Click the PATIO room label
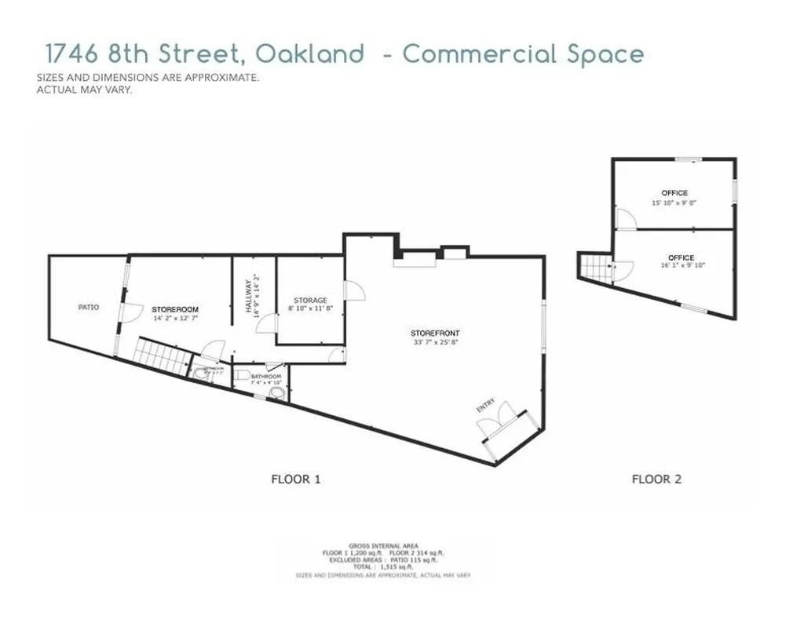pyautogui.click(x=88, y=308)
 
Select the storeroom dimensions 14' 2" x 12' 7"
pyautogui.click(x=175, y=319)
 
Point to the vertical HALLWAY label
pyautogui.click(x=248, y=296)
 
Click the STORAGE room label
pyautogui.click(x=310, y=301)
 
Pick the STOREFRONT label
pyautogui.click(x=434, y=334)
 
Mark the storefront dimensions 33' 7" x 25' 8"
pyautogui.click(x=434, y=342)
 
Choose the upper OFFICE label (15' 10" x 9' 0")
pyautogui.click(x=674, y=193)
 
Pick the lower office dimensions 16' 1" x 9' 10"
pyautogui.click(x=680, y=266)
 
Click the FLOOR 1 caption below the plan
pyautogui.click(x=296, y=479)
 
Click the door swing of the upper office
pyautogui.click(x=624, y=220)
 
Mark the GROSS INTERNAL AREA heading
pyautogui.click(x=383, y=545)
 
